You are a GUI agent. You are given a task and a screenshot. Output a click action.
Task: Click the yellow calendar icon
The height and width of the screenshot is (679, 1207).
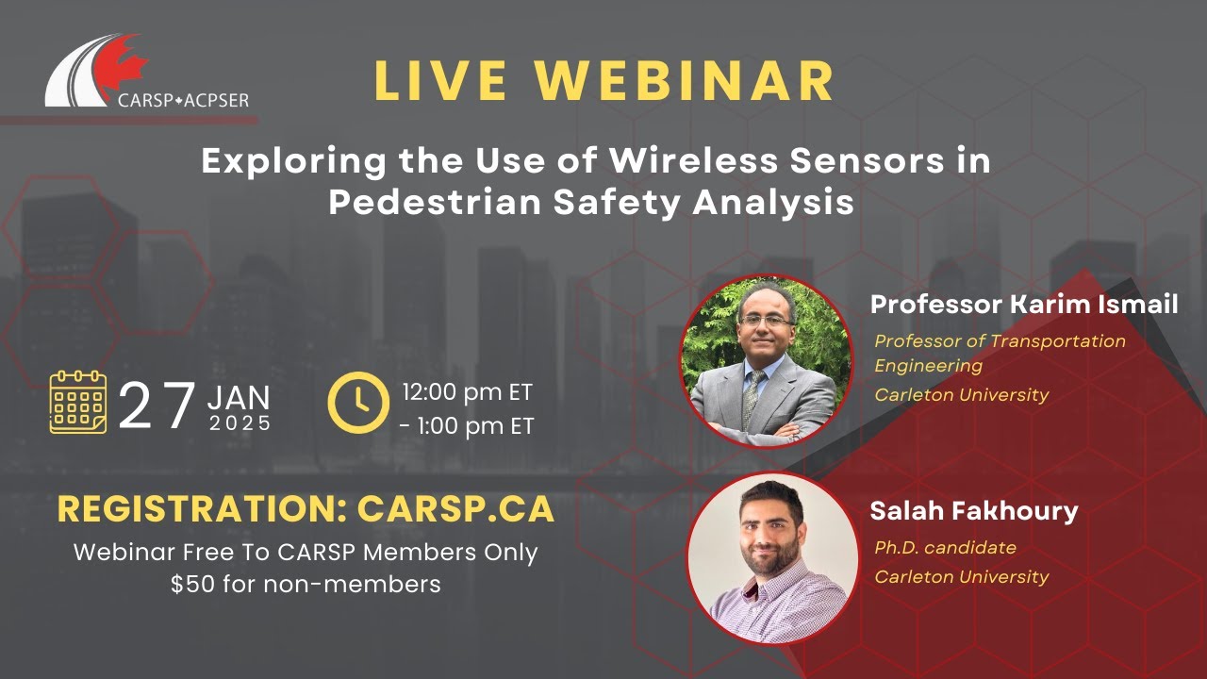pyautogui.click(x=78, y=402)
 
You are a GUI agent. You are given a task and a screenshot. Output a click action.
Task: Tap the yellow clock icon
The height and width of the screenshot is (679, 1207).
pyautogui.click(x=357, y=402)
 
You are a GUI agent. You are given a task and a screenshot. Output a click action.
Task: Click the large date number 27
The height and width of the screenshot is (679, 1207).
pyautogui.click(x=157, y=406)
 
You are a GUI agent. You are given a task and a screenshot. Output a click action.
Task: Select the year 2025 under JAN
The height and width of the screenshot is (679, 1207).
pyautogui.click(x=240, y=423)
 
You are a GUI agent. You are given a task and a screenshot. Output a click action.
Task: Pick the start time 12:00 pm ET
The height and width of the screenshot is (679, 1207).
pyautogui.click(x=468, y=391)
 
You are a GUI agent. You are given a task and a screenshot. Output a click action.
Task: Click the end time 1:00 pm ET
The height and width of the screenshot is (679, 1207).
pyautogui.click(x=468, y=426)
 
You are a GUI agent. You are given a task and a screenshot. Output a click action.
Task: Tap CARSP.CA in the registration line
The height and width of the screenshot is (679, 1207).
pyautogui.click(x=455, y=510)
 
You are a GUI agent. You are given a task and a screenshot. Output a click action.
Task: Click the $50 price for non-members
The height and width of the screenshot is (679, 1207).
pyautogui.click(x=190, y=584)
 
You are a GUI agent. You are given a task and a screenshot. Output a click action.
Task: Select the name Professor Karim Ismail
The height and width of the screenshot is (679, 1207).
pyautogui.click(x=1023, y=305)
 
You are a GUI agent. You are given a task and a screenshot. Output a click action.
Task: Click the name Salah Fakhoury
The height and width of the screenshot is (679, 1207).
pyautogui.click(x=973, y=511)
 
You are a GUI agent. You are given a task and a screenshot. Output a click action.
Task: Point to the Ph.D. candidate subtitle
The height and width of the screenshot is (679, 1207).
pyautogui.click(x=945, y=547)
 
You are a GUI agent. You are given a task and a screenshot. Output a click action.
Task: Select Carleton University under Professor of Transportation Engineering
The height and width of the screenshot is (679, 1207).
pyautogui.click(x=961, y=394)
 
